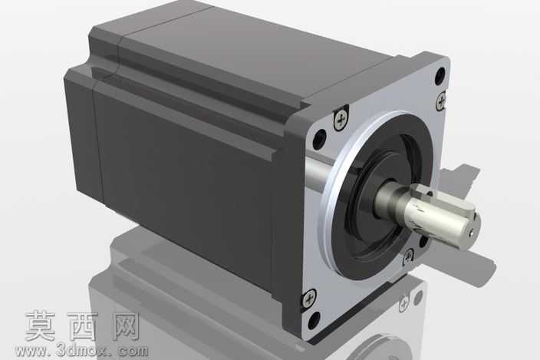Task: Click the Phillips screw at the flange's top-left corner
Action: [x=341, y=120]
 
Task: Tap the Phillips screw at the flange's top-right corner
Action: [x=441, y=101]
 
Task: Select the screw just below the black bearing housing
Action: [x=408, y=256]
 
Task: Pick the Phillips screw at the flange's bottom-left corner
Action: [x=309, y=298]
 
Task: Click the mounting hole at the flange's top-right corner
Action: [x=440, y=76]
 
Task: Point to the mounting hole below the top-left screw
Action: [x=320, y=138]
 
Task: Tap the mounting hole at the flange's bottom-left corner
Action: [x=314, y=320]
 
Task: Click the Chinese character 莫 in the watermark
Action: [x=41, y=325]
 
